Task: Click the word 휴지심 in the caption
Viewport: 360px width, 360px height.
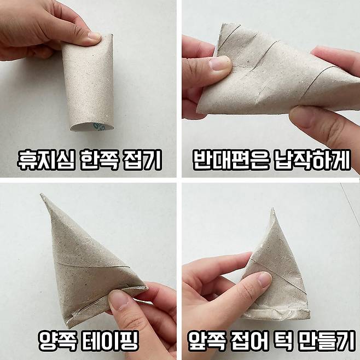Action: coord(46,160)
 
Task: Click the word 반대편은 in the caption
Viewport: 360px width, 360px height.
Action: coord(230,160)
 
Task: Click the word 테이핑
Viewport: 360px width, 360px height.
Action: coord(110,340)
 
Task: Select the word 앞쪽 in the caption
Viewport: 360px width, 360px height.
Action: coord(206,340)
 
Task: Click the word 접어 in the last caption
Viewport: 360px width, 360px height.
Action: coord(250,340)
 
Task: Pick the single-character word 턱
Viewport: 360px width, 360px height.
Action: coord(285,340)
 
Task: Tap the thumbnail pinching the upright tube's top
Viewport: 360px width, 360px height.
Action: coord(95,36)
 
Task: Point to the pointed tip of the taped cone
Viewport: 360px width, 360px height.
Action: coord(42,195)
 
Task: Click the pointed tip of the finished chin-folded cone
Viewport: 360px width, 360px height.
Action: coord(272,208)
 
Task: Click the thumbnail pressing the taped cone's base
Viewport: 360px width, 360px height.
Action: coord(119,300)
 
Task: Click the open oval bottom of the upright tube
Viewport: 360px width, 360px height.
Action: coord(92,127)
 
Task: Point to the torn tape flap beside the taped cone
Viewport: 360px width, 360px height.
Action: coord(143,300)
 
